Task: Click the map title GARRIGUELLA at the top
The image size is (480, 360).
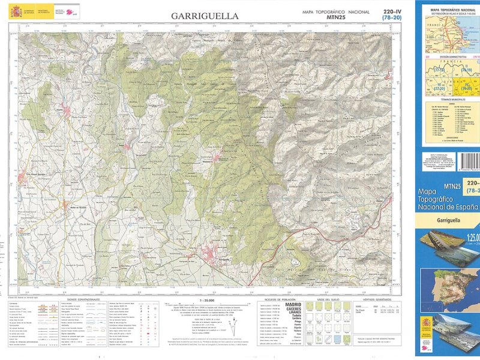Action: click(205, 16)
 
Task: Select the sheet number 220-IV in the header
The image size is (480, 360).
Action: click(392, 11)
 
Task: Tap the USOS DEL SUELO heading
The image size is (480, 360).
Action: click(329, 299)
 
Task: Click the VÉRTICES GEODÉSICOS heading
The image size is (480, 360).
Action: click(380, 299)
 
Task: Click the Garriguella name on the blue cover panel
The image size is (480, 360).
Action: click(445, 221)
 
